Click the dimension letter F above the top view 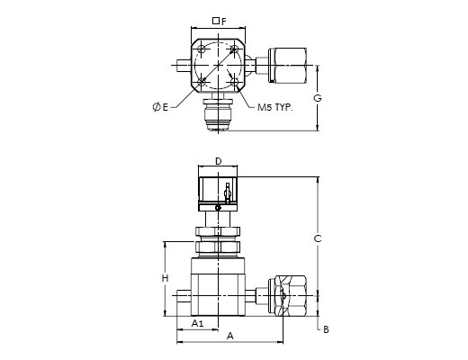click(x=224, y=22)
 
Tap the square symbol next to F click(x=215, y=21)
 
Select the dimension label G click(x=318, y=98)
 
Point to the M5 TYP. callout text click(x=275, y=107)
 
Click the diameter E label click(x=161, y=107)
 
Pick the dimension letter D click(x=219, y=161)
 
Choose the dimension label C click(x=318, y=238)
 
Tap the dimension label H click(x=165, y=278)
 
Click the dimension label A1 click(x=198, y=323)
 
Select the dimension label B click(x=326, y=329)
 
